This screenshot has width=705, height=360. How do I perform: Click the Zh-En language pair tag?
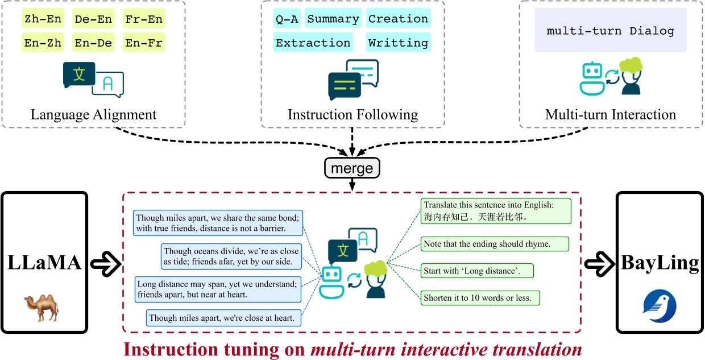[x=43, y=19]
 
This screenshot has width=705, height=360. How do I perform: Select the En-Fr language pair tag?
[x=144, y=43]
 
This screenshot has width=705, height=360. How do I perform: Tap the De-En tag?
[x=93, y=19]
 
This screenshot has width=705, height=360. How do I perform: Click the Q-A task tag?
[x=287, y=19]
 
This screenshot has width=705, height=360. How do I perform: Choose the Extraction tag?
[x=313, y=43]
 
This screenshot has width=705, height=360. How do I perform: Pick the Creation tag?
[x=398, y=19]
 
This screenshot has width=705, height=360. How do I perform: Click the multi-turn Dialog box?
[x=610, y=31]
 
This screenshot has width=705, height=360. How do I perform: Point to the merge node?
[x=352, y=168]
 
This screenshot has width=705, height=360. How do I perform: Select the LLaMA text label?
[x=45, y=263]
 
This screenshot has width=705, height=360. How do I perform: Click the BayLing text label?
[x=660, y=263]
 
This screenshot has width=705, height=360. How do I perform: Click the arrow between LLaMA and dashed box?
[x=107, y=263]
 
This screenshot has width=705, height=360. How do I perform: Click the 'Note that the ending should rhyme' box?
[x=494, y=244]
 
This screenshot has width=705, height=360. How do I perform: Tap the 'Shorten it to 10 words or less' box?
[x=480, y=297]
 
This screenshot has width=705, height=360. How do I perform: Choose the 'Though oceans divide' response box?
[x=231, y=256]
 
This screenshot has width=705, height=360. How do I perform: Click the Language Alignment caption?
[x=94, y=115]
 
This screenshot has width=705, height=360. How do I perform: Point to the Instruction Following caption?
[x=353, y=115]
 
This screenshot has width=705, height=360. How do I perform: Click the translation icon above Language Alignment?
[x=93, y=80]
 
